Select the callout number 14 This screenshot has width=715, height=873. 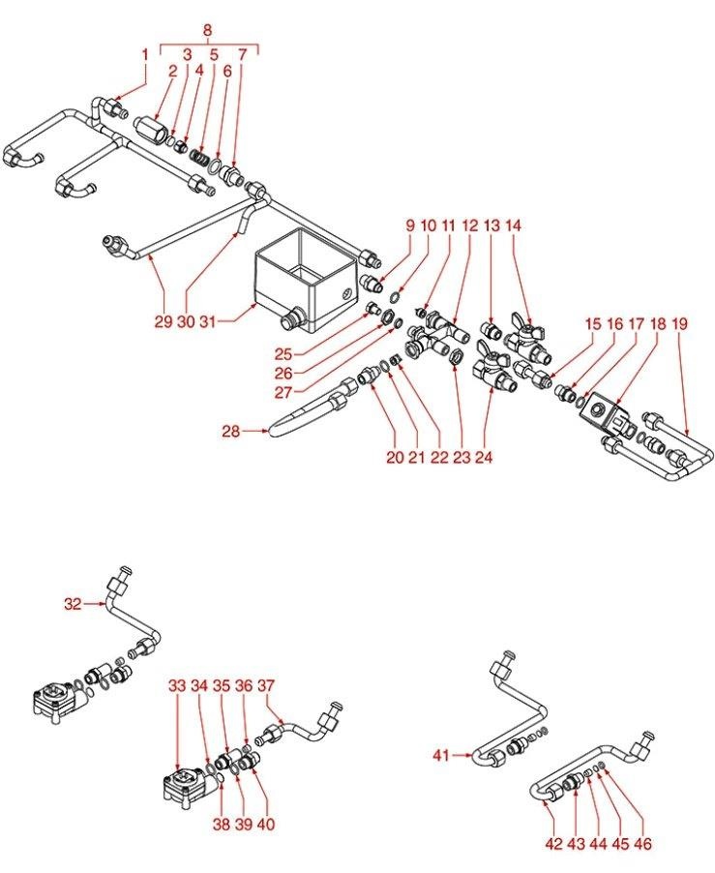pos(513,226)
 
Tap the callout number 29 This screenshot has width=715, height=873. pos(162,320)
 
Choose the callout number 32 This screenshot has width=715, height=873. pos(74,604)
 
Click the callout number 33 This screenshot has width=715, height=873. pos(176,684)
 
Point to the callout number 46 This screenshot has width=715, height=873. pos(642,844)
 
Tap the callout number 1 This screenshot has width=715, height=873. pos(145,54)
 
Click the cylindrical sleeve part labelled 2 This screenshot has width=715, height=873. pos(150,129)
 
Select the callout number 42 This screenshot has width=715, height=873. pos(553,844)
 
